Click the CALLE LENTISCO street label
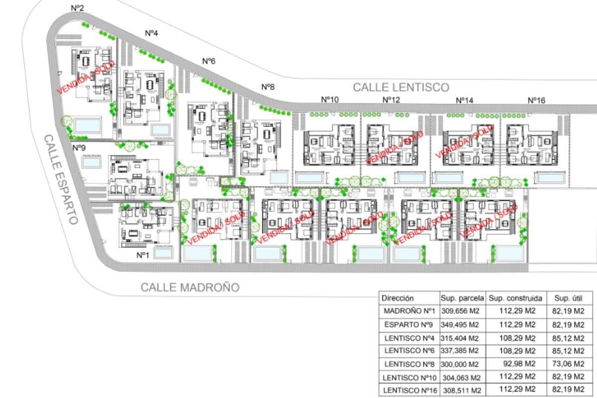click(401, 87)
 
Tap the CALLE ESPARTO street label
click(61, 179)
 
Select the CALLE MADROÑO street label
click(190, 287)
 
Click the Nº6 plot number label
click(209, 61)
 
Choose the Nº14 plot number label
click(465, 100)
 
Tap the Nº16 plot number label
click(536, 100)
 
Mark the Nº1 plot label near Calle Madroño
click(143, 255)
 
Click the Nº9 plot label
click(79, 148)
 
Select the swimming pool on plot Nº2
click(88, 125)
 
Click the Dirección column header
click(398, 298)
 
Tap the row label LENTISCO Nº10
click(408, 377)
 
